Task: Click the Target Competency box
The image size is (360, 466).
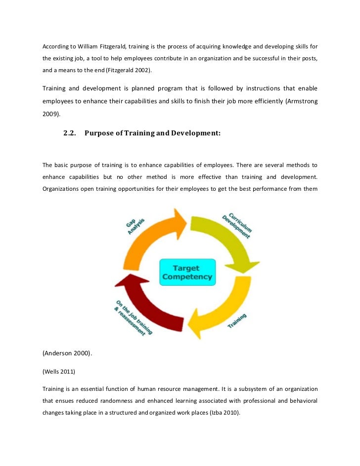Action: pos(187,272)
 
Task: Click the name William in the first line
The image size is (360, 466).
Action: pos(90,46)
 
